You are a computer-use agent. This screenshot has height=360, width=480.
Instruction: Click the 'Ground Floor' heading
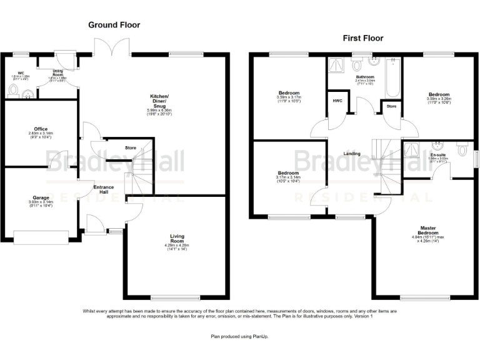114,25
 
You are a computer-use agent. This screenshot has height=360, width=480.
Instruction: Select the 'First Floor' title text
362,38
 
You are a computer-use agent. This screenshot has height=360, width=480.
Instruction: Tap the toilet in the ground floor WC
14,91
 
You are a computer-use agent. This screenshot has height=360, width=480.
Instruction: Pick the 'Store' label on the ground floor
131,148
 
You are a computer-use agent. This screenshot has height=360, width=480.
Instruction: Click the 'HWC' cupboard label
337,101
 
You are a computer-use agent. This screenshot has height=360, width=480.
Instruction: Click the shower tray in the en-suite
413,149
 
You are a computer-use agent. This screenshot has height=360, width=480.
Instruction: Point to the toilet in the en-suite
462,150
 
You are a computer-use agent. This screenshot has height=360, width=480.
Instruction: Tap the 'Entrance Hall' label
104,189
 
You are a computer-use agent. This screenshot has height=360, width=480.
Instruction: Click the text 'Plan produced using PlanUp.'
239,336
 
